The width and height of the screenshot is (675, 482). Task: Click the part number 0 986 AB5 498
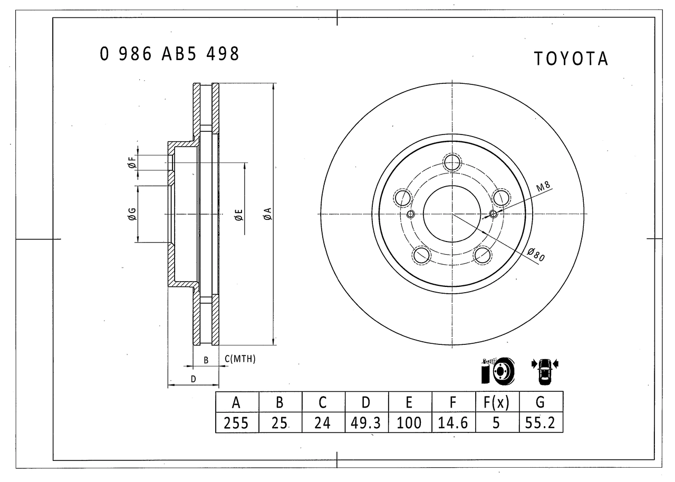pyautogui.click(x=169, y=54)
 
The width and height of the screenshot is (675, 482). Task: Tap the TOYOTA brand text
pyautogui.click(x=571, y=59)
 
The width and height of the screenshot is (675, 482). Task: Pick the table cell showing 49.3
pyautogui.click(x=366, y=423)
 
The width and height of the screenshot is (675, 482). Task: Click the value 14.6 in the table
pyautogui.click(x=452, y=423)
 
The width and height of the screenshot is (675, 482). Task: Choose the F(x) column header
pyautogui.click(x=497, y=402)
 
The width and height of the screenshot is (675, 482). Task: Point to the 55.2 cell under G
pyautogui.click(x=541, y=423)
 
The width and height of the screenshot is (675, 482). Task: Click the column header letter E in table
pyautogui.click(x=409, y=402)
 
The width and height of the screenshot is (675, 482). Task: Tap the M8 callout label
pyautogui.click(x=543, y=186)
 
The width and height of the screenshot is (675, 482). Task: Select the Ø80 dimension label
pyautogui.click(x=536, y=255)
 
